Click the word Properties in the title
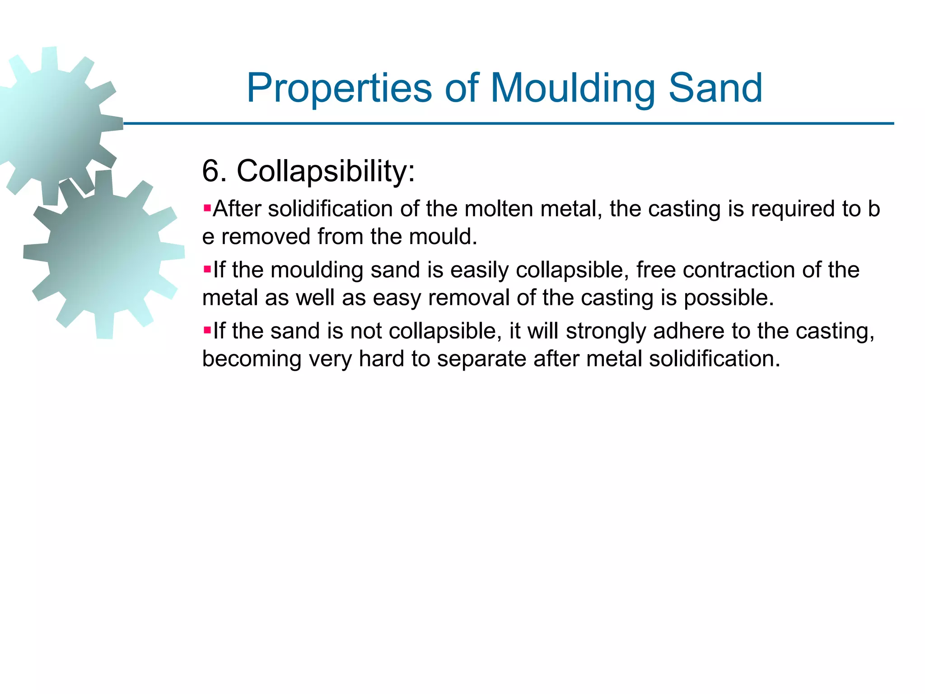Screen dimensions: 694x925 [339, 88]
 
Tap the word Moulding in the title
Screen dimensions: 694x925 [572, 88]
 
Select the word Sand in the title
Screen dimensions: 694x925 [715, 88]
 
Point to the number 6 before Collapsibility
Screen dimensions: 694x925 [210, 171]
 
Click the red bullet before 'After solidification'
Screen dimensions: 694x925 [207, 209]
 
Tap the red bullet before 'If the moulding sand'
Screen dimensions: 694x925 [207, 270]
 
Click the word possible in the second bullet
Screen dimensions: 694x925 [728, 298]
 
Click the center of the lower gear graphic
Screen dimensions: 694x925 [104, 254]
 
